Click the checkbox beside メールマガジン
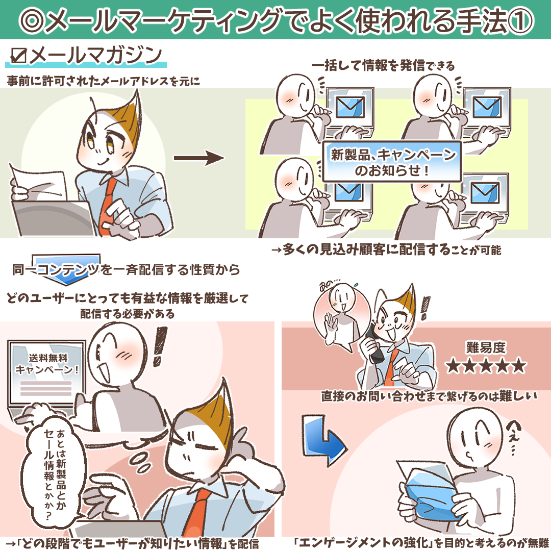(19, 56)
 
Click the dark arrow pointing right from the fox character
(199, 158)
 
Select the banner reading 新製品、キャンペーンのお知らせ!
(392, 162)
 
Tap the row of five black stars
(486, 366)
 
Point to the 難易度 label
(486, 347)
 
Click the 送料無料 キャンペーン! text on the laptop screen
(47, 364)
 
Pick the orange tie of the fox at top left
(107, 207)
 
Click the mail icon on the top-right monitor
(487, 107)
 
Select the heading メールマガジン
(95, 56)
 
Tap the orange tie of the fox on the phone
(391, 368)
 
